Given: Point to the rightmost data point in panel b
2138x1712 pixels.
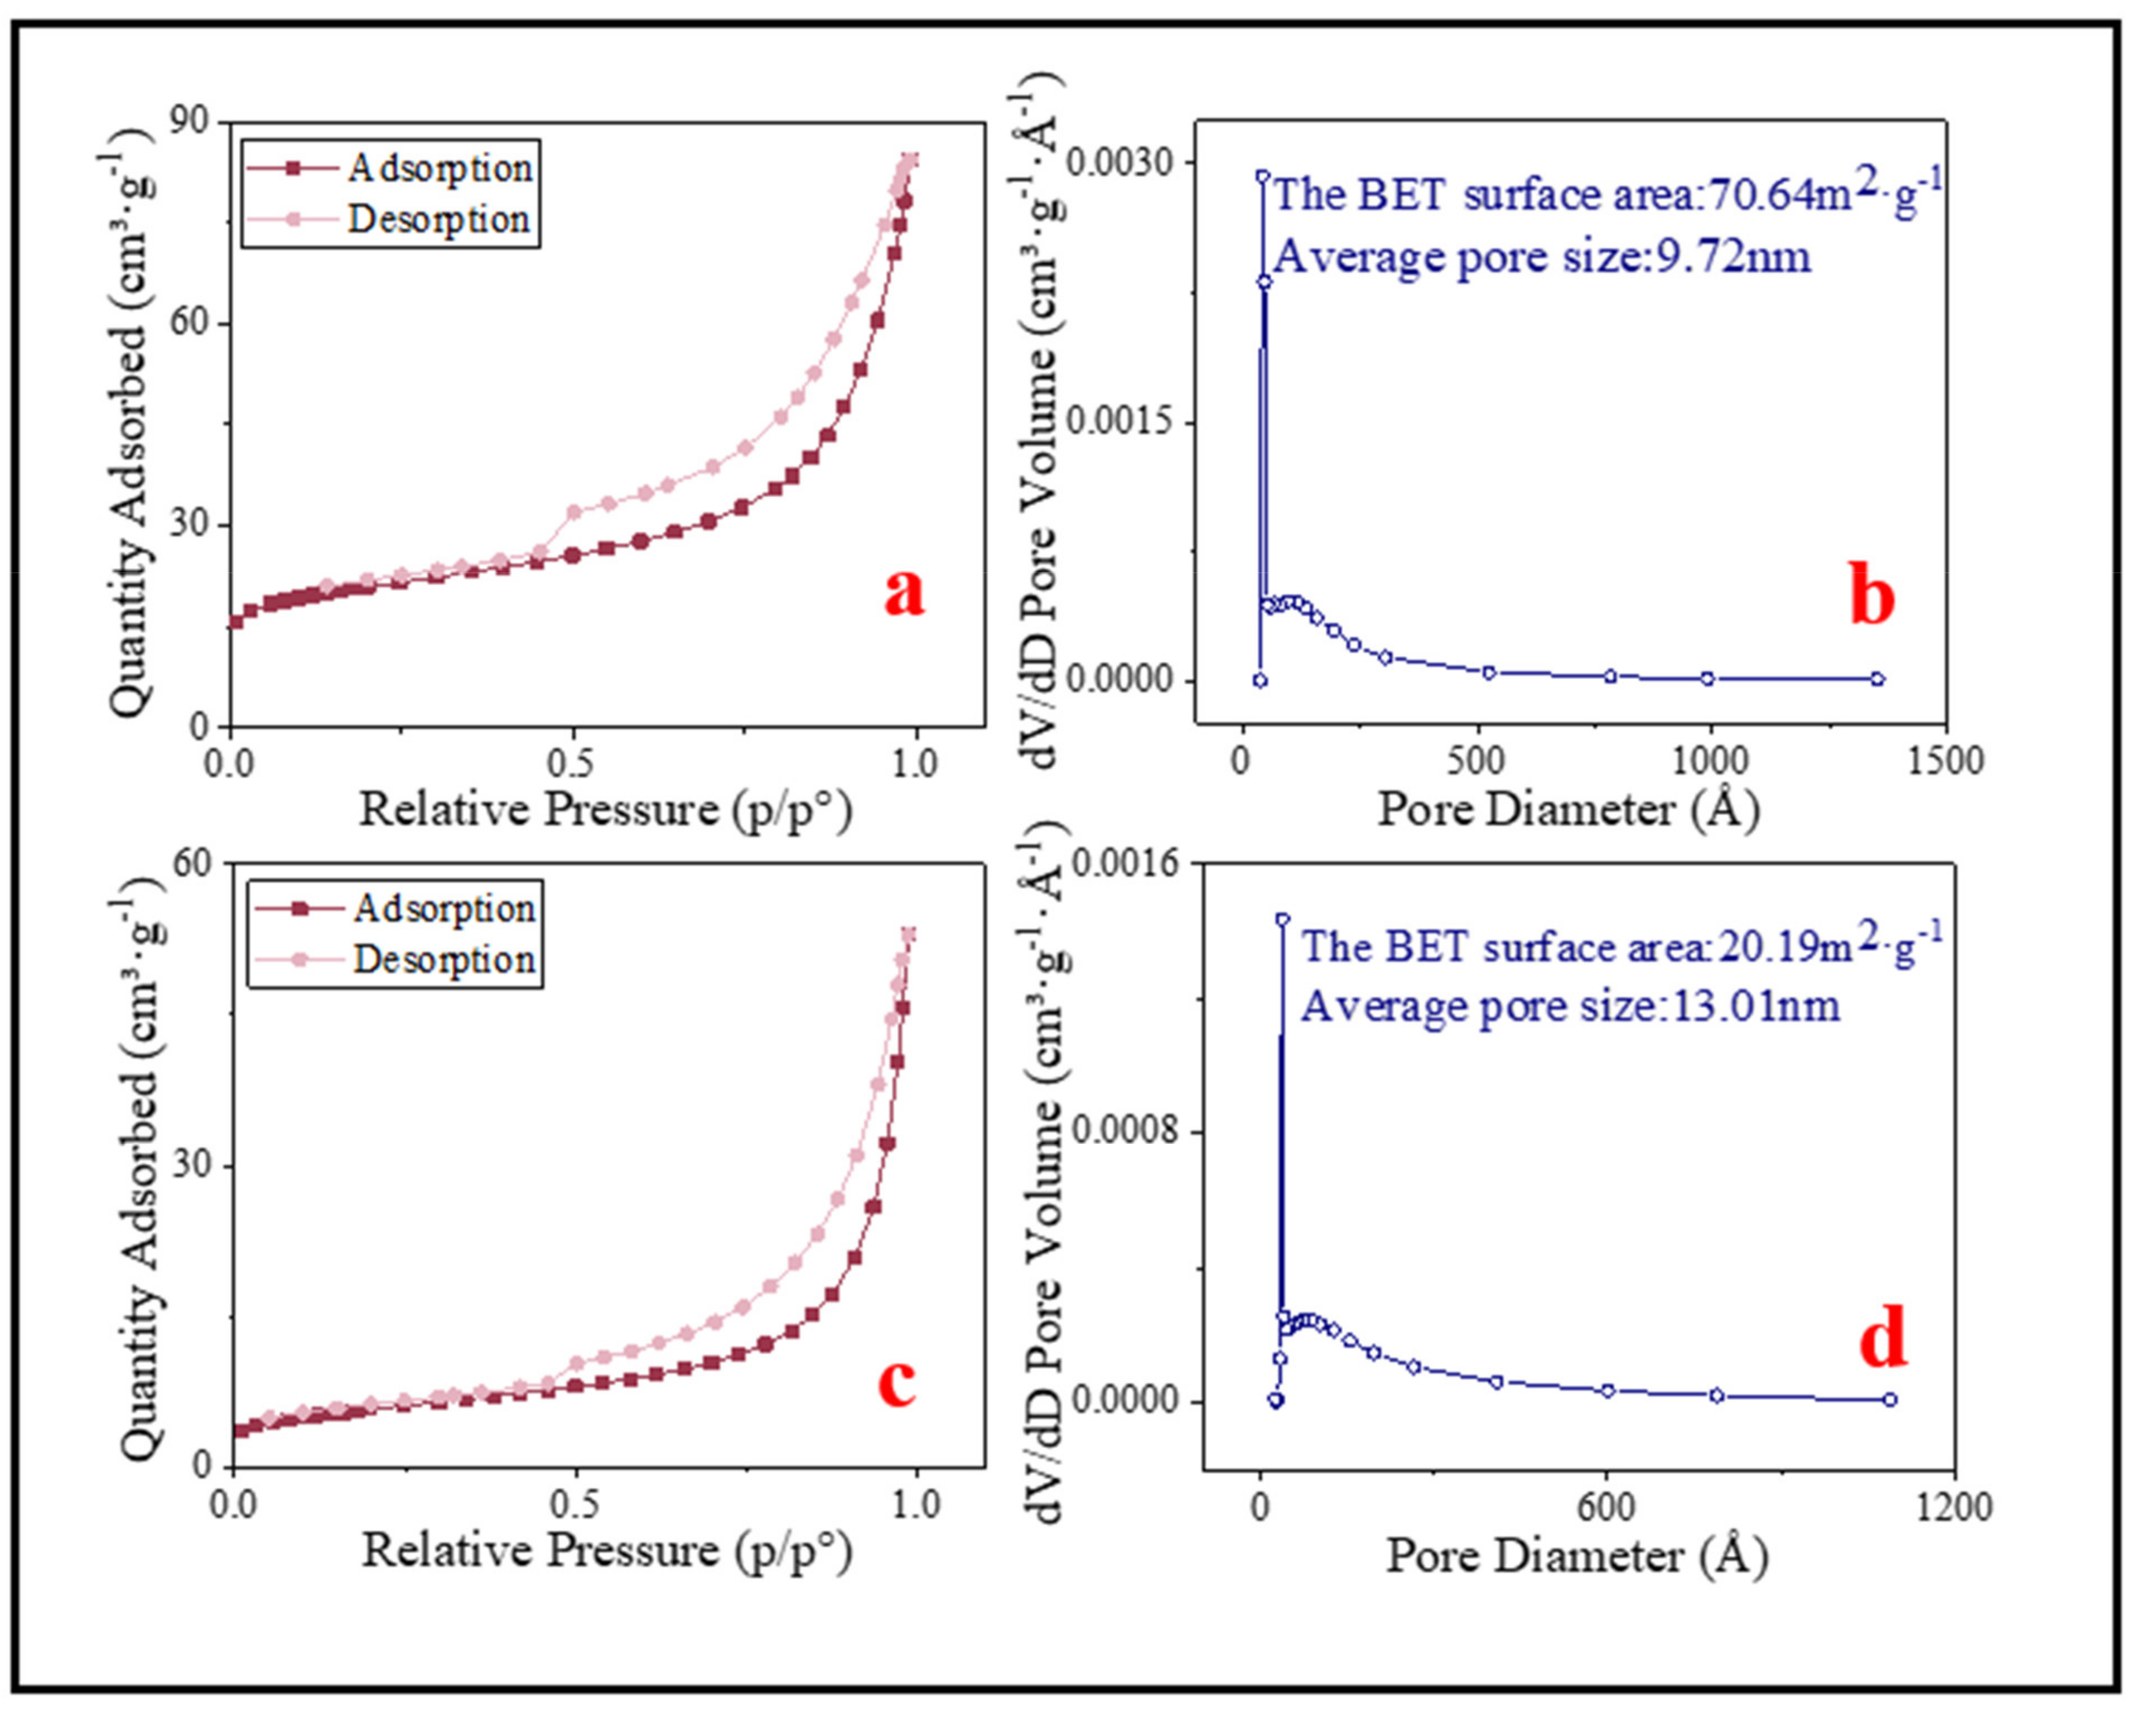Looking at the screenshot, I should [x=1877, y=679].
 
